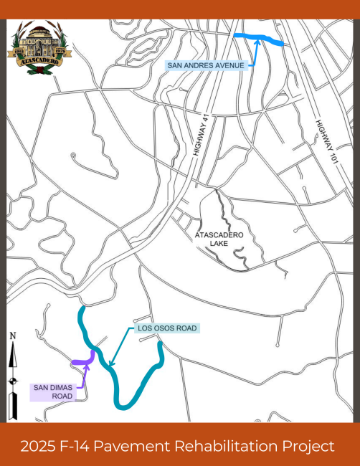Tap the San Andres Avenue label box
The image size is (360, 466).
pos(206,65)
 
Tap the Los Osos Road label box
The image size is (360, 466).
pos(166,329)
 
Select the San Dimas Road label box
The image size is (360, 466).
pos(52,392)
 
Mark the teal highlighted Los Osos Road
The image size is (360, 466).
pos(122,391)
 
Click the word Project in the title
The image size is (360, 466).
pos(308,446)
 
